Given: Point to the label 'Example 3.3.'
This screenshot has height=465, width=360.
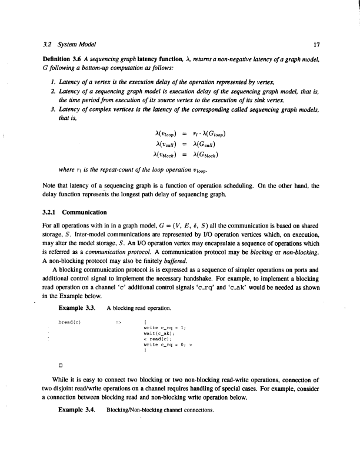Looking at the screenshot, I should (x=77, y=307).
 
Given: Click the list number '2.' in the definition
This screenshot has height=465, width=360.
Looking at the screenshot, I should (x=54, y=93).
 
